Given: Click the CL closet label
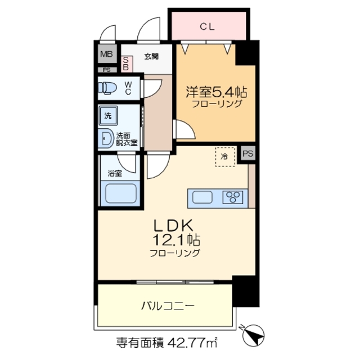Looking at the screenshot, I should (x=209, y=26).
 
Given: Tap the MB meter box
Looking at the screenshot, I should (x=106, y=55).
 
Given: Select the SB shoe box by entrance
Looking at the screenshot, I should (x=126, y=63).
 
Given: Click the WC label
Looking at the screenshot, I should (x=128, y=88).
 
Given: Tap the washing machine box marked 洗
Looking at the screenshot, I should (x=107, y=116).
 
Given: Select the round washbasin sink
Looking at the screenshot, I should (x=106, y=138).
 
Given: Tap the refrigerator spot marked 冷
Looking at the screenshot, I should (x=223, y=157).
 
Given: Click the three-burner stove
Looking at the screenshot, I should (x=232, y=197).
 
